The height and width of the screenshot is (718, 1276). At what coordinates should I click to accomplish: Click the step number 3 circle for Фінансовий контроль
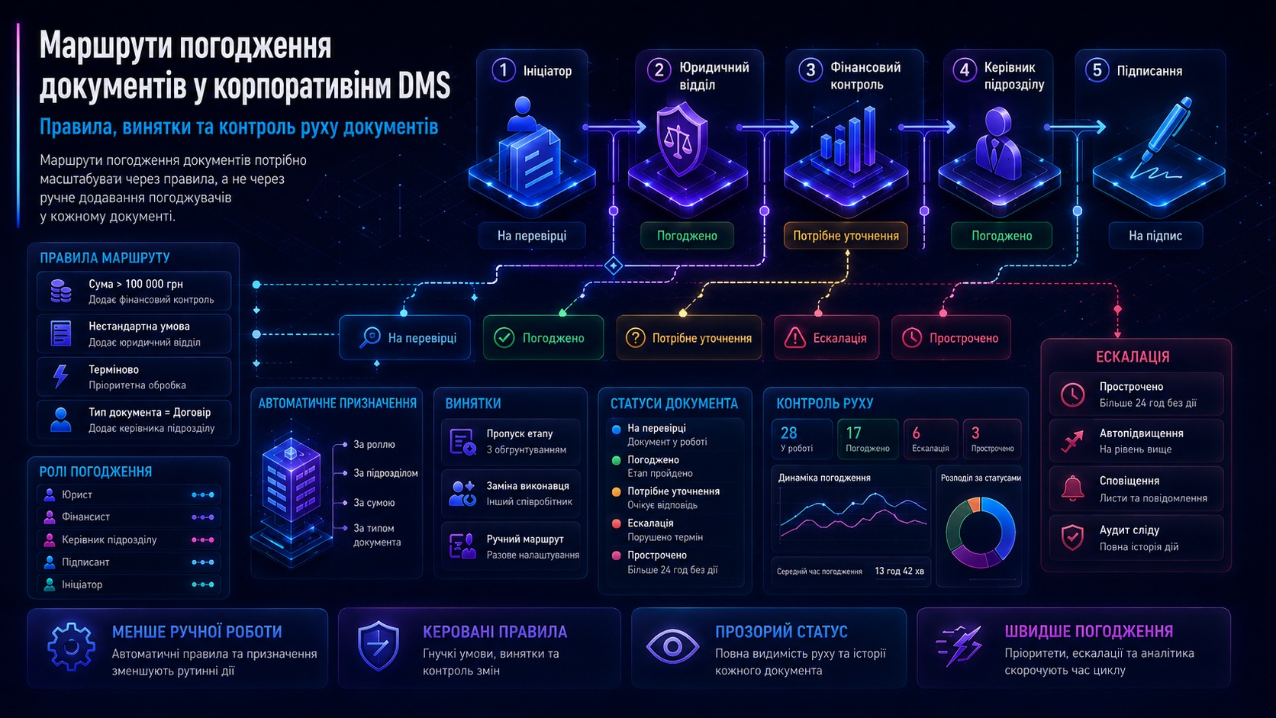(x=810, y=70)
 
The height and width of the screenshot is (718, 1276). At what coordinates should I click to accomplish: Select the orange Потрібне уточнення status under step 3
(x=846, y=236)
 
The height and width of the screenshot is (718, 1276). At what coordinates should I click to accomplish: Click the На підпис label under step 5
(x=1155, y=236)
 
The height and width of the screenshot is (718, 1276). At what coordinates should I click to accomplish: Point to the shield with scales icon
(x=681, y=139)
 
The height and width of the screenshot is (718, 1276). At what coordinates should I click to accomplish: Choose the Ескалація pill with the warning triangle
(x=826, y=338)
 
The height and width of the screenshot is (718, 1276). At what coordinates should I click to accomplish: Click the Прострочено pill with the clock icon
(x=952, y=338)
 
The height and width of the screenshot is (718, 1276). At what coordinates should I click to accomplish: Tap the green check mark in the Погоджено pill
(x=504, y=338)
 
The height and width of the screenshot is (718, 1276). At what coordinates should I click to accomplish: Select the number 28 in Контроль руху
(x=789, y=433)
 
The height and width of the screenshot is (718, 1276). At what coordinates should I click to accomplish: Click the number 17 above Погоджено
(x=853, y=433)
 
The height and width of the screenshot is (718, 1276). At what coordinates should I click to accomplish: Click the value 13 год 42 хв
(x=900, y=571)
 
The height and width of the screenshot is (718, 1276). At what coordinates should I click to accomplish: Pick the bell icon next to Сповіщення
(x=1072, y=488)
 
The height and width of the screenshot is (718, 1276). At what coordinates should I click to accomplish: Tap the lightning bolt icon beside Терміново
(x=60, y=376)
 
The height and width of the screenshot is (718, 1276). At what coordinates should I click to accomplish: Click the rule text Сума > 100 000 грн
(x=136, y=284)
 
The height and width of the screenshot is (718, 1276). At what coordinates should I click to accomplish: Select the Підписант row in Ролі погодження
(x=129, y=562)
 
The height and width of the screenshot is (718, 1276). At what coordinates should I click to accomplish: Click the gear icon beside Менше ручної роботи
(x=71, y=646)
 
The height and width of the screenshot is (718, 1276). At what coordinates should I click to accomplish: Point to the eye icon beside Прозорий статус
(x=672, y=646)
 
